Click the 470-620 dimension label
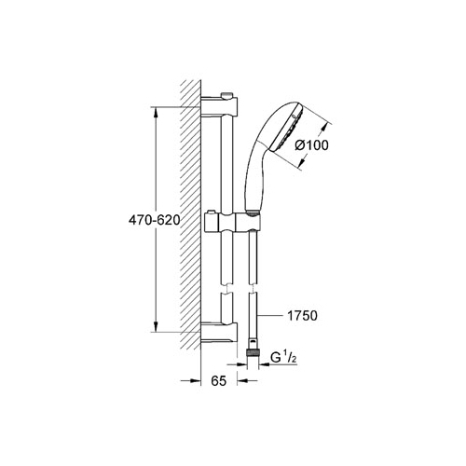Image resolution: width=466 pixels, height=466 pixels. point(155,220)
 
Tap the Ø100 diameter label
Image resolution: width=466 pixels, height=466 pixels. point(311,145)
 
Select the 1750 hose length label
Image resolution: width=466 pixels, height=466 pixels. point(302,316)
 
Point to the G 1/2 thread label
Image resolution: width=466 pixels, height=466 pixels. point(283,358)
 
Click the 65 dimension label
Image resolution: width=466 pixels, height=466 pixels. point(219,381)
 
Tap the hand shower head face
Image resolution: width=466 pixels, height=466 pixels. point(286,128)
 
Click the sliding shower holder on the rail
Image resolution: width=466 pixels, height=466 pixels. point(232,223)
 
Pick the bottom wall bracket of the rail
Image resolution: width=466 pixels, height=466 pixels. point(219,334)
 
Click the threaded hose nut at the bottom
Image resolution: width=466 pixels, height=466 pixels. point(253,353)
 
